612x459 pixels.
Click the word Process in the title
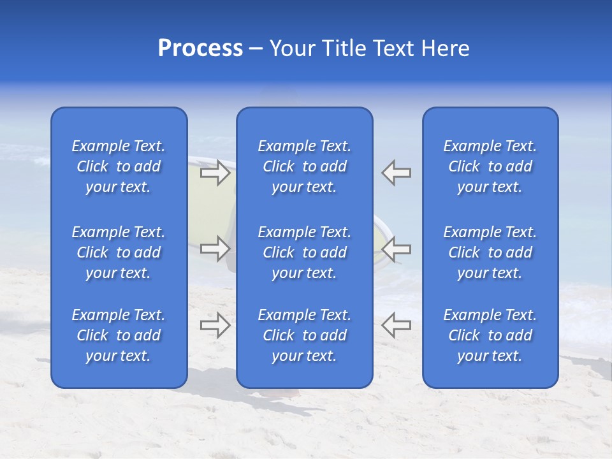click(x=200, y=48)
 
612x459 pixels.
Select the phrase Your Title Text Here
click(x=369, y=48)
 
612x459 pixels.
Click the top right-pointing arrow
click(x=215, y=173)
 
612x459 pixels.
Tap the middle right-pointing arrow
click(x=215, y=249)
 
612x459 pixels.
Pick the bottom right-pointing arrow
click(x=215, y=325)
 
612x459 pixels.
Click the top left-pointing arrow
click(x=397, y=173)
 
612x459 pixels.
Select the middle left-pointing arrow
click(x=397, y=249)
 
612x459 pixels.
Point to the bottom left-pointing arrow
click(x=397, y=325)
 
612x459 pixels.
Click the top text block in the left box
click(x=119, y=166)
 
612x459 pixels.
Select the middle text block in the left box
click(x=119, y=252)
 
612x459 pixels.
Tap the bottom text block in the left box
click(x=119, y=335)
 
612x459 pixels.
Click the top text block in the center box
click(x=305, y=166)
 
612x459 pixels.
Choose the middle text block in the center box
click(x=305, y=252)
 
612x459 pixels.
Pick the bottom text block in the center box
click(x=305, y=335)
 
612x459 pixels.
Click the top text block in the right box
click(x=490, y=166)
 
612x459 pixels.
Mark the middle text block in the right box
click(x=490, y=252)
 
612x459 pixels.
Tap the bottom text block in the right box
click(x=490, y=335)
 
